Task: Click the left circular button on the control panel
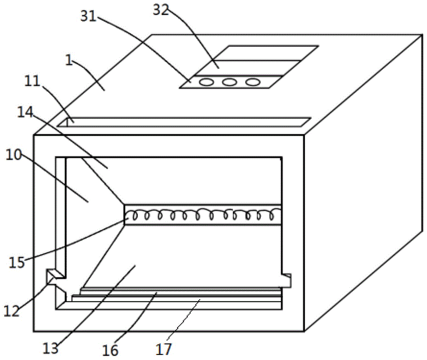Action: [x=206, y=82]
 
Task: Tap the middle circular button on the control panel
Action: [x=229, y=82]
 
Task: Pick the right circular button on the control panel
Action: [x=252, y=82]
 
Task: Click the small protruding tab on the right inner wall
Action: [x=287, y=280]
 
